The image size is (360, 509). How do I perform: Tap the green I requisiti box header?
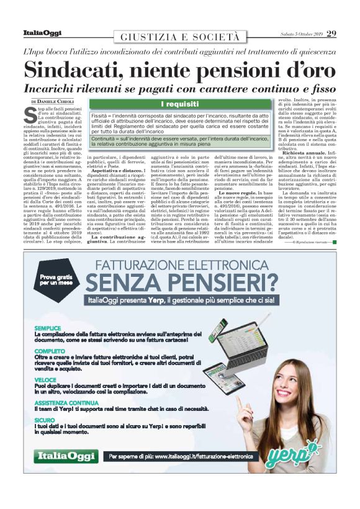click(179, 103)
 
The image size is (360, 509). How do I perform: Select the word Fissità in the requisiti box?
click(101, 116)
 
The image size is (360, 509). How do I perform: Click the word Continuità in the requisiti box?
click(106, 139)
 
